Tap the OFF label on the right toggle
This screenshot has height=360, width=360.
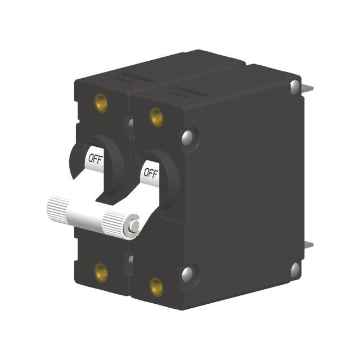[x=150, y=171]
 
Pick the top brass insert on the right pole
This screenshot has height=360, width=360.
[x=156, y=117]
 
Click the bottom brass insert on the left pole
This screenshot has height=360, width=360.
[x=101, y=272]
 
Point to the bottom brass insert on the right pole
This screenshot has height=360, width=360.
[x=156, y=286]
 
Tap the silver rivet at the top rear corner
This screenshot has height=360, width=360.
[x=295, y=87]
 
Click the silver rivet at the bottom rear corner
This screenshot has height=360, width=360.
[x=295, y=270]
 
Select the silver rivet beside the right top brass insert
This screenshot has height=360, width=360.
[x=188, y=137]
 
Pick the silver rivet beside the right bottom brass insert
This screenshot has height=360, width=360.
[x=187, y=274]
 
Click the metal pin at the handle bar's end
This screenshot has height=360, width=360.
[x=134, y=226]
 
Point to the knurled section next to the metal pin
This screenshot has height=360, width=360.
[x=115, y=224]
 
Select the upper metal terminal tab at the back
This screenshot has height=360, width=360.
[x=309, y=89]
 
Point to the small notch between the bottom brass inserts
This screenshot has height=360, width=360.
[x=129, y=262]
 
